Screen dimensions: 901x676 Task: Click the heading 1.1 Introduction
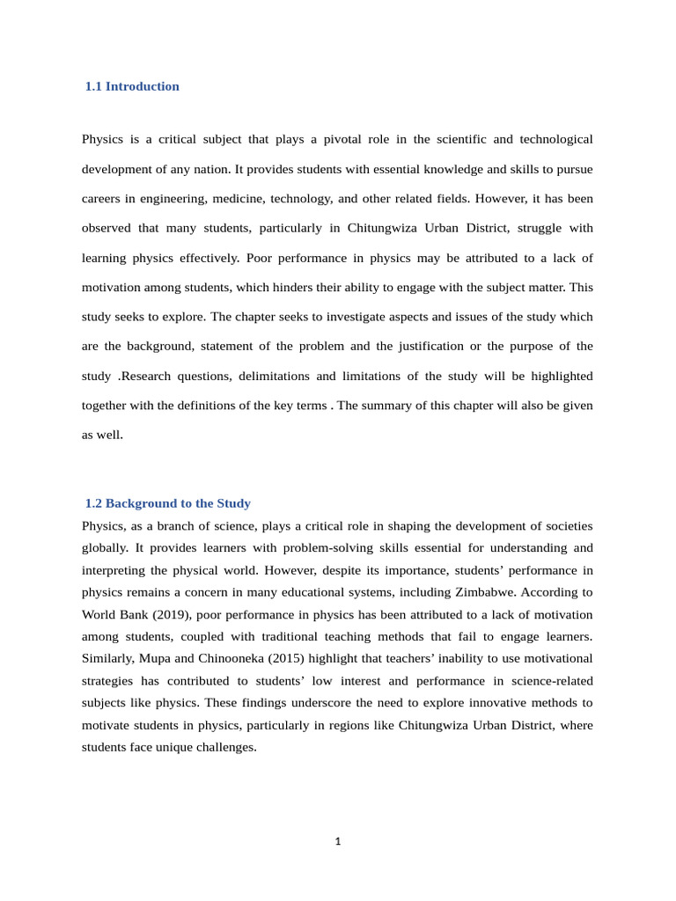click(132, 86)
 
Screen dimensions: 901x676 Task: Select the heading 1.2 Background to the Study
click(167, 503)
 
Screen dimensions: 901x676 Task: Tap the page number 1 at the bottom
click(338, 842)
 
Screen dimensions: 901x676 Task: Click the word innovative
click(474, 702)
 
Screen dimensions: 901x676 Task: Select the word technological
click(556, 139)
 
